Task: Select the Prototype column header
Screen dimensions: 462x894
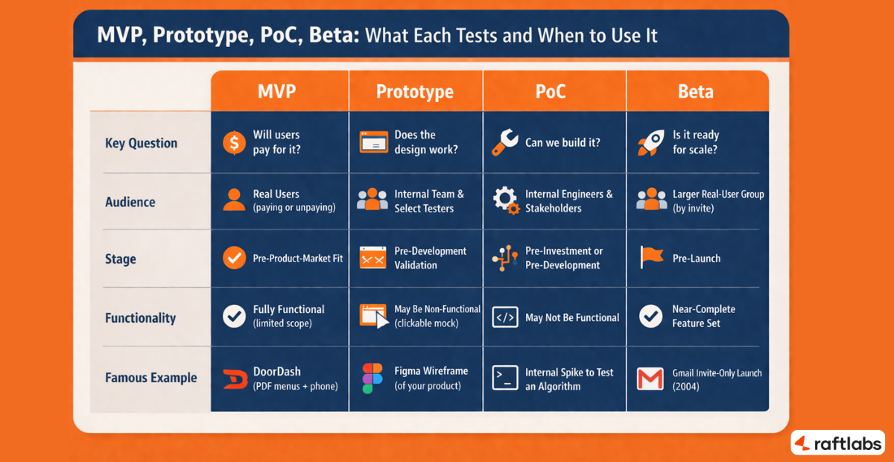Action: pos(415,91)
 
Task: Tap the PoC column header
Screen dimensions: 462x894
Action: pos(551,91)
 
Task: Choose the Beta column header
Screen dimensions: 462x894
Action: pos(695,91)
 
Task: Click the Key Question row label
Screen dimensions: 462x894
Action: pos(142,143)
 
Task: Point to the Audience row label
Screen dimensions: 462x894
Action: pos(130,202)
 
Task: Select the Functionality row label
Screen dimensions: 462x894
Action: pos(141,318)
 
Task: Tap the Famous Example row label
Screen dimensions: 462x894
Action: pos(151,378)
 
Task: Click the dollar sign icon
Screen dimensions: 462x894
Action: pos(235,142)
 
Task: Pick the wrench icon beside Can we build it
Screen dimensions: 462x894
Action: pos(505,142)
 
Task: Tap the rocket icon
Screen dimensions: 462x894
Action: pos(650,142)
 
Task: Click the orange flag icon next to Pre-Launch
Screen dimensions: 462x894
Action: pos(651,258)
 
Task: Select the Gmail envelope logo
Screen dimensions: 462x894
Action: pos(650,379)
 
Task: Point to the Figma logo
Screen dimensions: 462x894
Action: pos(372,379)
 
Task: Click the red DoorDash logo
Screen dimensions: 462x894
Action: pos(235,379)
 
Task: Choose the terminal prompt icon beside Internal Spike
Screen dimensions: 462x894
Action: pos(505,379)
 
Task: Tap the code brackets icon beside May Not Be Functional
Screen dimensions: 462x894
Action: pos(505,318)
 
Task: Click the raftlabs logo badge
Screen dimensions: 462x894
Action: pos(837,443)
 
